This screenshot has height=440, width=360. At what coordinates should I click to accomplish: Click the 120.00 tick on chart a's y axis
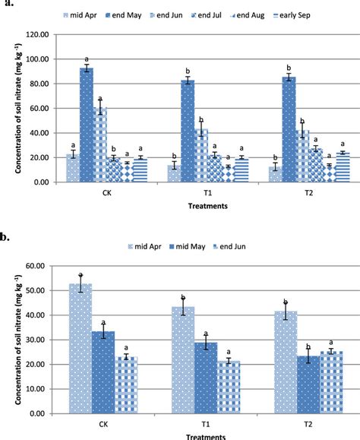click(x=36, y=34)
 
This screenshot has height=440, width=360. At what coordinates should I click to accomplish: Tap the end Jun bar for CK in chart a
click(x=100, y=144)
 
